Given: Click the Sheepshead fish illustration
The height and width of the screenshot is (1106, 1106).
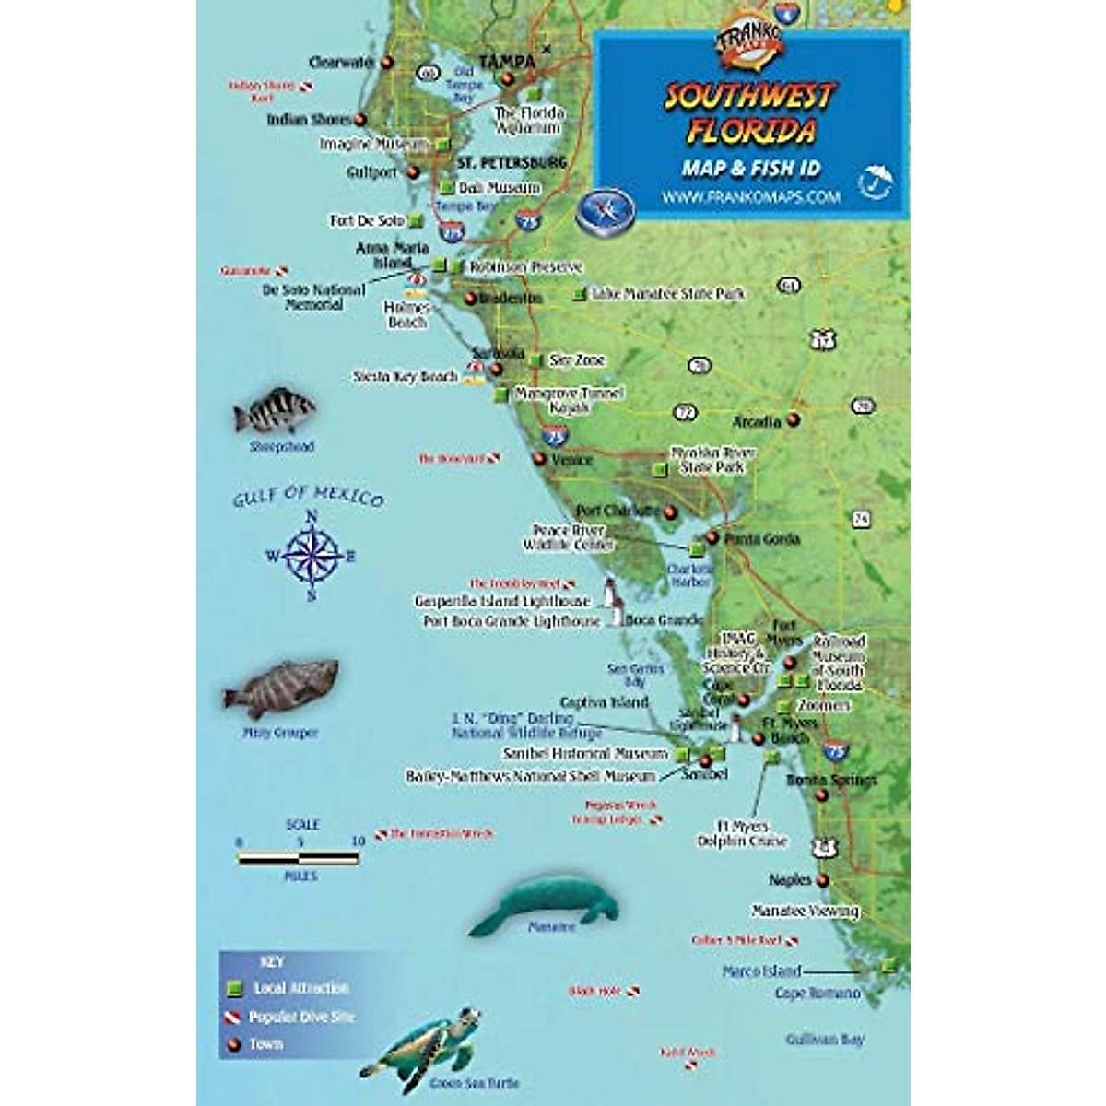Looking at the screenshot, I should pyautogui.click(x=275, y=412).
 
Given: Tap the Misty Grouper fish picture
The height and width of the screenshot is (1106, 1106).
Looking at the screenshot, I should pyautogui.click(x=280, y=688).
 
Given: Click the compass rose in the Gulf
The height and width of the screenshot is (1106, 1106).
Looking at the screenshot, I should pyautogui.click(x=312, y=556).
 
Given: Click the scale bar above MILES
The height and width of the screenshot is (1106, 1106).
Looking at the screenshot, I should pyautogui.click(x=298, y=859).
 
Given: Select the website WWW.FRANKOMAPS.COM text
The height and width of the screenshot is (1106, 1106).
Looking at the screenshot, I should pyautogui.click(x=750, y=196).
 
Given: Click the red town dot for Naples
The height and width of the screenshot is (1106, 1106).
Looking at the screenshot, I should pyautogui.click(x=823, y=881).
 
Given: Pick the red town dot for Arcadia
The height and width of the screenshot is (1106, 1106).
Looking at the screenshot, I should pyautogui.click(x=793, y=420).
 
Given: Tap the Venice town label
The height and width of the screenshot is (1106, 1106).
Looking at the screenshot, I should pyautogui.click(x=571, y=459).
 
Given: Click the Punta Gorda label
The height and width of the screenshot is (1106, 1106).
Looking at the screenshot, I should pyautogui.click(x=762, y=539).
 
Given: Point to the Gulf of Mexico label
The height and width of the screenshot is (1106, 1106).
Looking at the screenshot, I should pyautogui.click(x=308, y=497).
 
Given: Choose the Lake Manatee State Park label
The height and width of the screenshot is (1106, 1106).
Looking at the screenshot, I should pyautogui.click(x=668, y=294).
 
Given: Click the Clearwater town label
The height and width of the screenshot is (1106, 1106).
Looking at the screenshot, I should pyautogui.click(x=341, y=63).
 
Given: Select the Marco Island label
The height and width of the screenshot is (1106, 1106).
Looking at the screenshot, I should pyautogui.click(x=761, y=971).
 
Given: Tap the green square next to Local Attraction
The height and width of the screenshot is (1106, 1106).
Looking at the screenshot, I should pyautogui.click(x=235, y=988).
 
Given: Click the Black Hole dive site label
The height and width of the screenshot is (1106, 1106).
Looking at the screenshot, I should pyautogui.click(x=595, y=992).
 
